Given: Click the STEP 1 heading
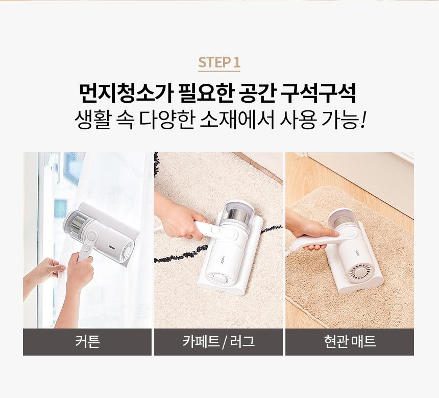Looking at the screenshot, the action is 219,62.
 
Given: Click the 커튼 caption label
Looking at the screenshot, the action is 87,342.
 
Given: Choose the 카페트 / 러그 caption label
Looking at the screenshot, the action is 218,342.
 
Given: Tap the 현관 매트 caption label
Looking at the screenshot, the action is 350,342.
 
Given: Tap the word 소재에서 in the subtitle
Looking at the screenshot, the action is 237,121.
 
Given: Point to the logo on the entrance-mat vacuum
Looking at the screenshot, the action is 357,252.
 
